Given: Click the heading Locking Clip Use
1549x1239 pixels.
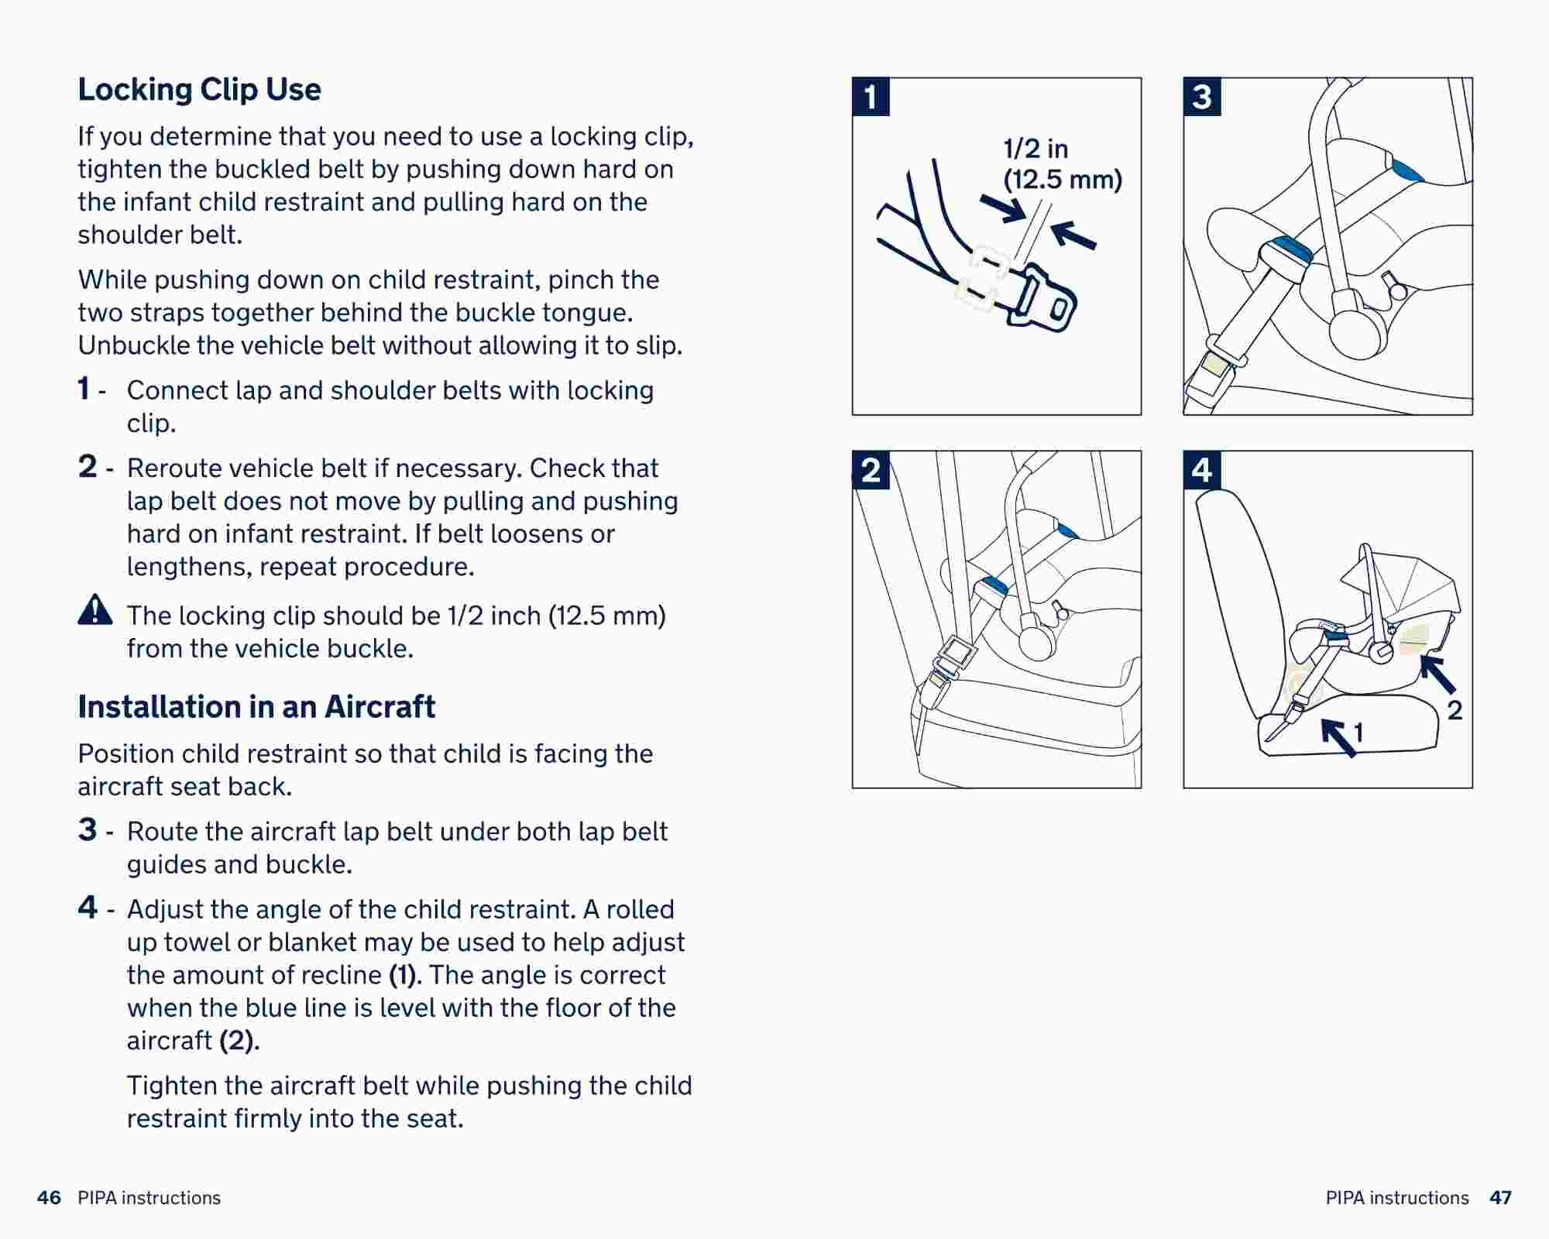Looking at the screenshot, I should click(x=199, y=90).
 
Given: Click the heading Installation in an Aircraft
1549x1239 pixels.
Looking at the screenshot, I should click(x=256, y=707).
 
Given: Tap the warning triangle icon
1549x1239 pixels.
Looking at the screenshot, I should click(x=95, y=610).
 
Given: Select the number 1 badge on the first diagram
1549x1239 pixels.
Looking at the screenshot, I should click(x=871, y=97).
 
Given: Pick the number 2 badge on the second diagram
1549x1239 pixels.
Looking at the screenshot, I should click(x=871, y=470).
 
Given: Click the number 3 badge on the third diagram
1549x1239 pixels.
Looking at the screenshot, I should click(x=1202, y=97).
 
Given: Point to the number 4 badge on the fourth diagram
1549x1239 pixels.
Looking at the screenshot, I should click(x=1202, y=470).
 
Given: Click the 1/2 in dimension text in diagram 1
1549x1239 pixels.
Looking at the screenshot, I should click(x=1036, y=148).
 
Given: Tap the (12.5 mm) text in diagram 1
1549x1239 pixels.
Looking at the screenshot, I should click(x=1063, y=180).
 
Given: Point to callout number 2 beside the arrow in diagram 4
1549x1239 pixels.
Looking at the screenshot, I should click(x=1455, y=710).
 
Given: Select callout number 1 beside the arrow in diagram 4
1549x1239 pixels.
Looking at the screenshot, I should click(x=1358, y=732).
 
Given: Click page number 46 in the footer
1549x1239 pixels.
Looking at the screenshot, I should click(x=49, y=1198).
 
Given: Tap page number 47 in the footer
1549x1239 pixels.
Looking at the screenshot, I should click(x=1500, y=1198).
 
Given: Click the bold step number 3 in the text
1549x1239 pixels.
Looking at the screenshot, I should click(x=88, y=830).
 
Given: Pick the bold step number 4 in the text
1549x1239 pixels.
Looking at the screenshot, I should click(x=88, y=908).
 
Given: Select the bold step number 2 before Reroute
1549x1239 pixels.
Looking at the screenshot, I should click(x=88, y=467).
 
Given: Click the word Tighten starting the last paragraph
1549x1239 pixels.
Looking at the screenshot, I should click(x=172, y=1086).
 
